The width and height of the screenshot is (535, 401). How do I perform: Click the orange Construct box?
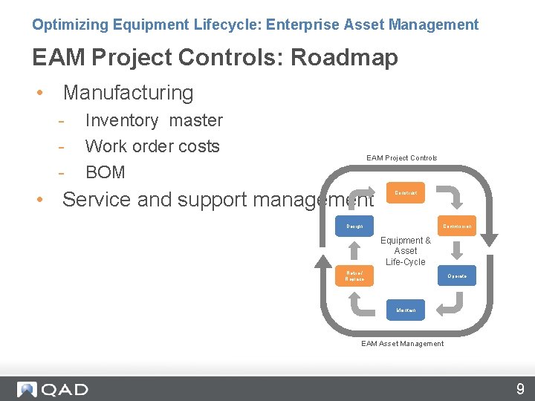406,193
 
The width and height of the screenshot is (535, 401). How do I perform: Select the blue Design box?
354,226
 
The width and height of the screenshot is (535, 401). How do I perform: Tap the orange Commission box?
457,226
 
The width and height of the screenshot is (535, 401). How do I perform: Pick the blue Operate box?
457,276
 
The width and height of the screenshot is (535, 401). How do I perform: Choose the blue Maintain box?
406,310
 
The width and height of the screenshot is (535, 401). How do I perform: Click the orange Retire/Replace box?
354,276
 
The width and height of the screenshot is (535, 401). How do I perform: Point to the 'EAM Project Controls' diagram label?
401,157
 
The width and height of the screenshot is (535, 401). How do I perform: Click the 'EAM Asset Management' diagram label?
402,344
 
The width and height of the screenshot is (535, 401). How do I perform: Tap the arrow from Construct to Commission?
450,196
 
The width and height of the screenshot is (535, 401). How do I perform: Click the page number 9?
520,388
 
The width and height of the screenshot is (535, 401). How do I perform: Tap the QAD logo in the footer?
53,389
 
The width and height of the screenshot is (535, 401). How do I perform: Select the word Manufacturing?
128,93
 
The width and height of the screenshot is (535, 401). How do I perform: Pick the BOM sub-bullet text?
106,172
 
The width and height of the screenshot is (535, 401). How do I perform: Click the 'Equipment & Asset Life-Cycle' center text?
406,251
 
